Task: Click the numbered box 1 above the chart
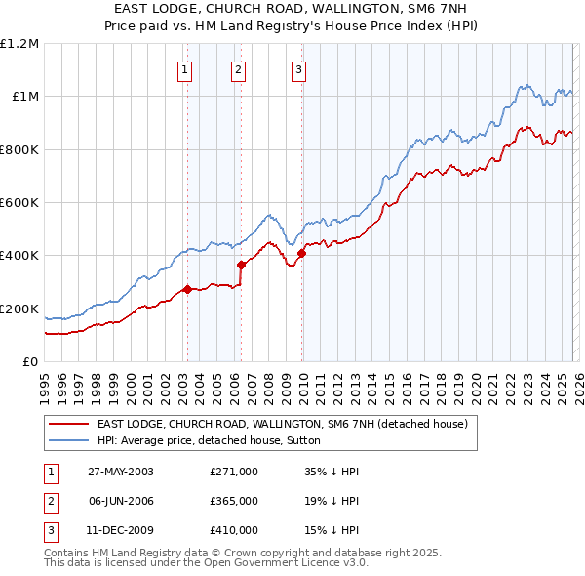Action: tap(184, 69)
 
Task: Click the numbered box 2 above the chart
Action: tap(238, 69)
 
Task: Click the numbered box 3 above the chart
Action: tap(298, 69)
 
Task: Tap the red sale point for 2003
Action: tap(187, 289)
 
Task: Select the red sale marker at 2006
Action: tap(240, 264)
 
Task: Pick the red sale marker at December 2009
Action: tap(301, 253)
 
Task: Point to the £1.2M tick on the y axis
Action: tap(19, 44)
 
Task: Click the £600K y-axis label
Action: tap(19, 203)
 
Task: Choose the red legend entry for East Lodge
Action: tap(283, 424)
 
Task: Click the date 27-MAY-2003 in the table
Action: tap(120, 472)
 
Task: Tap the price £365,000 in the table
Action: tap(234, 501)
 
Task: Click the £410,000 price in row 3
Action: tap(234, 530)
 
